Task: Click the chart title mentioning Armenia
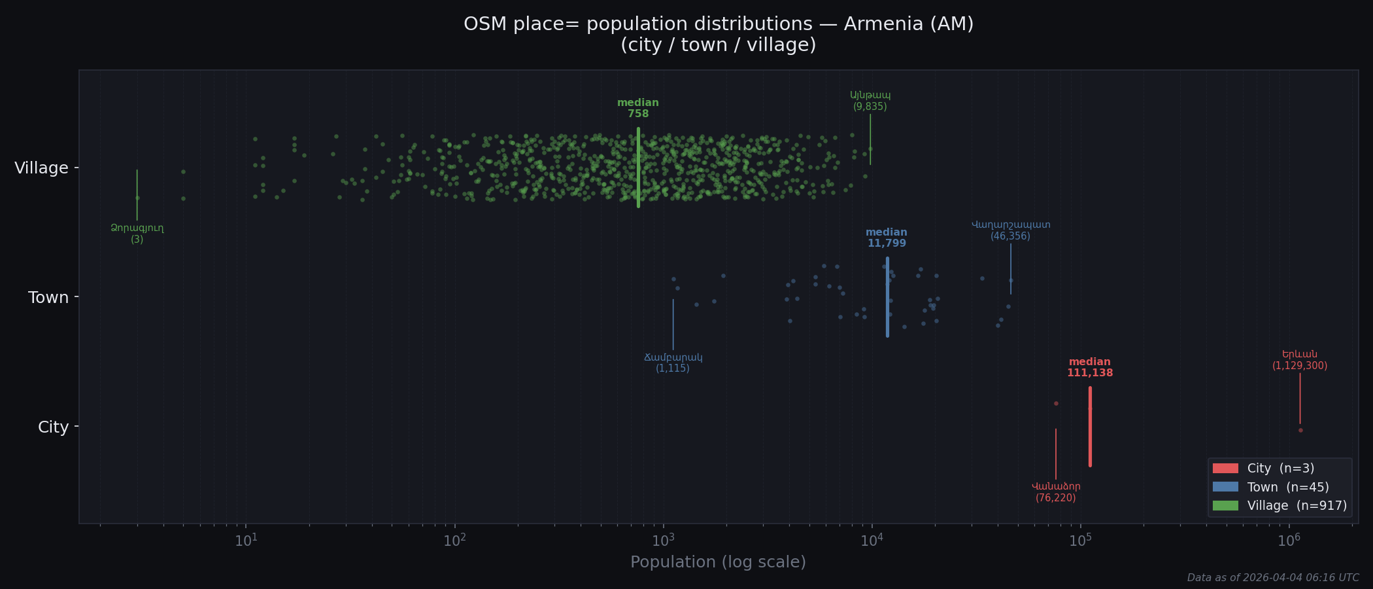click(x=718, y=34)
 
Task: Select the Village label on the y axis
click(x=41, y=168)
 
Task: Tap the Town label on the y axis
click(x=48, y=298)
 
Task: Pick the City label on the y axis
click(x=53, y=427)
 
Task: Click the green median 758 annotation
click(x=637, y=109)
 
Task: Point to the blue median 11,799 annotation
click(x=886, y=238)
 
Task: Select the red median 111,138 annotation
click(x=1089, y=368)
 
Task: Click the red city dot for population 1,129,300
click(x=1300, y=431)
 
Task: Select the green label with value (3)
click(x=137, y=234)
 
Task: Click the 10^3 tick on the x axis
click(x=663, y=541)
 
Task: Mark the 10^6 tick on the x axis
click(x=1289, y=541)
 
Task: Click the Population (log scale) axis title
click(x=718, y=562)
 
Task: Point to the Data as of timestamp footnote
click(x=1272, y=578)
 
